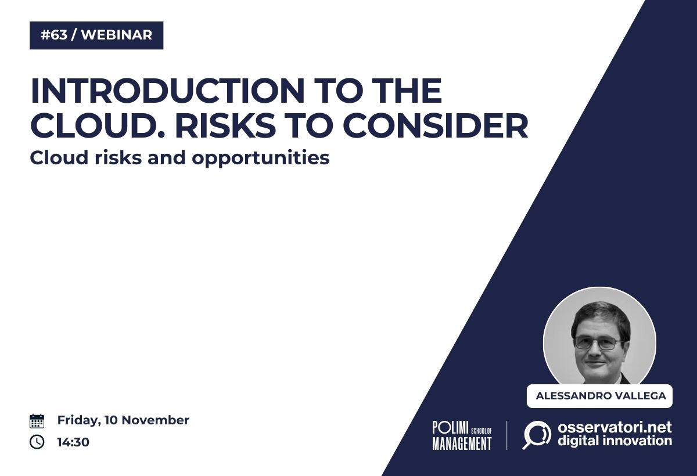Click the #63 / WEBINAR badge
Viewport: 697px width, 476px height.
point(96,35)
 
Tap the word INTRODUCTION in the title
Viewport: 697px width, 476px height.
point(167,91)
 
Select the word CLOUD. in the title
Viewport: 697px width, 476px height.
point(98,125)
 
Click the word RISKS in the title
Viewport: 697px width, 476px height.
point(225,125)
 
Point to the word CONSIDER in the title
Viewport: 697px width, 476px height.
point(436,125)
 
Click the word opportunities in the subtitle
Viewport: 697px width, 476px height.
point(260,158)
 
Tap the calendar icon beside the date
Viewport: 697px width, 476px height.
point(37,421)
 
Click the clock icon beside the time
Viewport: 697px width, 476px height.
point(37,442)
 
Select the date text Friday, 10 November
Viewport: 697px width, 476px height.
point(123,421)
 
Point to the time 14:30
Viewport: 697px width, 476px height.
point(73,442)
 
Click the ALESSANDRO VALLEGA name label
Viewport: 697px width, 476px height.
point(599,396)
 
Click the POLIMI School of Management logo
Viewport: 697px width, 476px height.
point(462,435)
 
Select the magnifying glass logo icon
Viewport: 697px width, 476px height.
point(537,435)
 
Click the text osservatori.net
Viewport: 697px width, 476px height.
point(615,427)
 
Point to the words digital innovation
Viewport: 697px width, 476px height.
point(615,441)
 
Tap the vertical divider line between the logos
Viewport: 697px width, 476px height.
point(507,435)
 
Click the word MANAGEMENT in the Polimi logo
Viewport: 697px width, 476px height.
point(462,443)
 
